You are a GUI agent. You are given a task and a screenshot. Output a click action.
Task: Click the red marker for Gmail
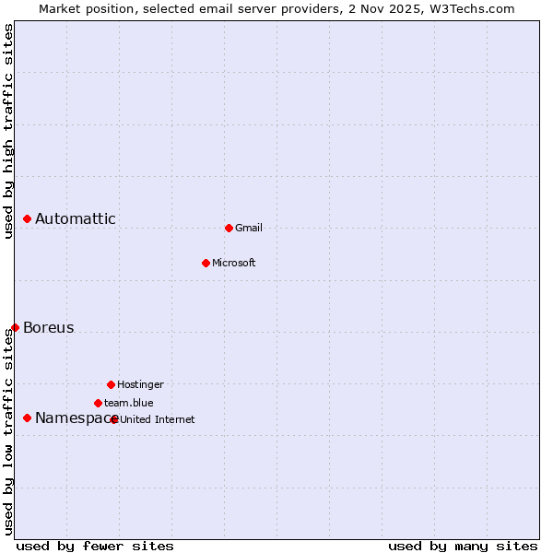click(x=229, y=228)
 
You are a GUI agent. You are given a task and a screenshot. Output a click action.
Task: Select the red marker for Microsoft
click(x=206, y=263)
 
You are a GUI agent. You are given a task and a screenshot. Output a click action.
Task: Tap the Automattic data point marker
click(x=28, y=218)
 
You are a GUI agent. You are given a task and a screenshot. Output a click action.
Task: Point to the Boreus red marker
click(x=15, y=327)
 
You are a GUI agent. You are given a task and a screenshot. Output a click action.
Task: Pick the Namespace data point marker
click(x=28, y=418)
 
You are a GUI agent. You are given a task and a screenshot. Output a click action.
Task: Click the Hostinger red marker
click(x=111, y=384)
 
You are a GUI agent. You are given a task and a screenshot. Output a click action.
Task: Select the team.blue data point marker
click(x=98, y=403)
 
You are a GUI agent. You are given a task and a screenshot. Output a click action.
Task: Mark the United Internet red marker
click(x=114, y=419)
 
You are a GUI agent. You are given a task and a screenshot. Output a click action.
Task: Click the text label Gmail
click(x=249, y=228)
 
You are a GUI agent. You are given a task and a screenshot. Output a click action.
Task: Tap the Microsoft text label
click(x=234, y=263)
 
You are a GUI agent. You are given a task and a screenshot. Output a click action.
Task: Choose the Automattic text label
click(x=76, y=218)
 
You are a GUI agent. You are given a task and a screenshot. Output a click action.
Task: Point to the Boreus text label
click(x=49, y=327)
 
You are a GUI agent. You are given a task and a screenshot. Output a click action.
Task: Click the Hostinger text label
click(x=140, y=384)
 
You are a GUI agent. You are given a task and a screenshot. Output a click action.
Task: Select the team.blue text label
click(x=129, y=403)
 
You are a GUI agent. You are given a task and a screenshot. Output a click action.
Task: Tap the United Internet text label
click(x=158, y=419)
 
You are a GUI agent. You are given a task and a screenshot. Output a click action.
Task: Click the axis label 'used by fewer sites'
click(x=95, y=546)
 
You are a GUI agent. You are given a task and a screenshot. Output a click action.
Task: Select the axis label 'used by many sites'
click(x=463, y=546)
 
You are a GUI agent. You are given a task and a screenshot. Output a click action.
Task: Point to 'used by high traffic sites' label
click(x=8, y=131)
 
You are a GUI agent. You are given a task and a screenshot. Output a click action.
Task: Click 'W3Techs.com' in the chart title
click(x=475, y=8)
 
